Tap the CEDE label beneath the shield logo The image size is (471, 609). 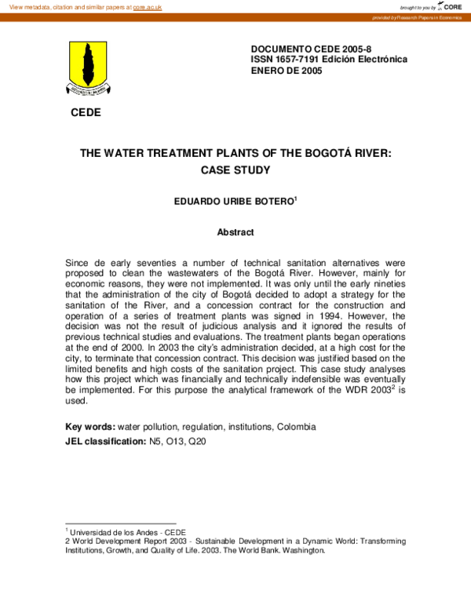click(86, 112)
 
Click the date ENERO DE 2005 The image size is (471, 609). click(287, 71)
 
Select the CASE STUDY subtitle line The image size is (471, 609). click(235, 170)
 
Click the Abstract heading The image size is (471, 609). click(235, 232)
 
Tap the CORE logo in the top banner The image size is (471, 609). click(451, 6)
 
